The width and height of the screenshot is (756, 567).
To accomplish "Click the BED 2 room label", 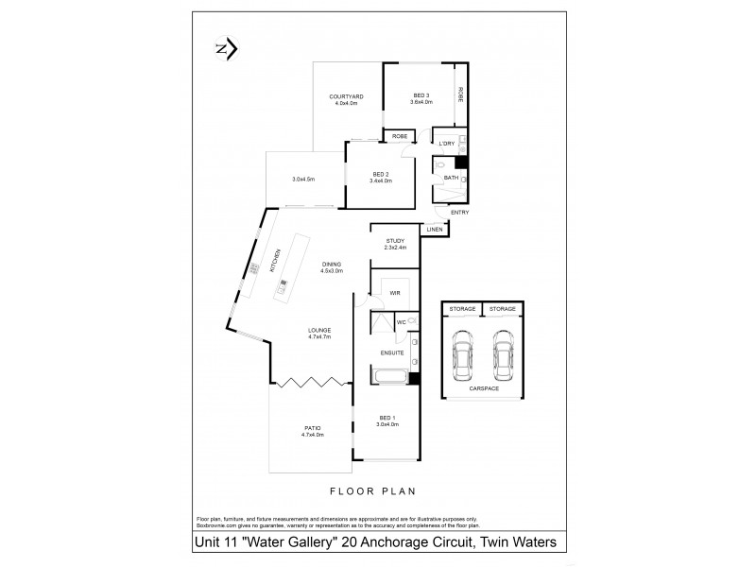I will tap(381, 175).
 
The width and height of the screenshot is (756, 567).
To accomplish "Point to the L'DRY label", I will tap(447, 144).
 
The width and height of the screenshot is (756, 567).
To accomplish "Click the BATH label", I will tap(451, 178).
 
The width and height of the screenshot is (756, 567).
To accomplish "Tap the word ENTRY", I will tap(459, 212).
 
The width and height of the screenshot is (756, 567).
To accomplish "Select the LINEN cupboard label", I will tap(435, 230).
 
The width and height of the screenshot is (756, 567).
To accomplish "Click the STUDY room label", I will tap(395, 241).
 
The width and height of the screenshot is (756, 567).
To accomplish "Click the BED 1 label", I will tap(387, 419).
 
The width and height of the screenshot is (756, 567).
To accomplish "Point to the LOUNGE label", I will tap(318, 331).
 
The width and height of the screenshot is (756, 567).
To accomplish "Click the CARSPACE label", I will tap(483, 387).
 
